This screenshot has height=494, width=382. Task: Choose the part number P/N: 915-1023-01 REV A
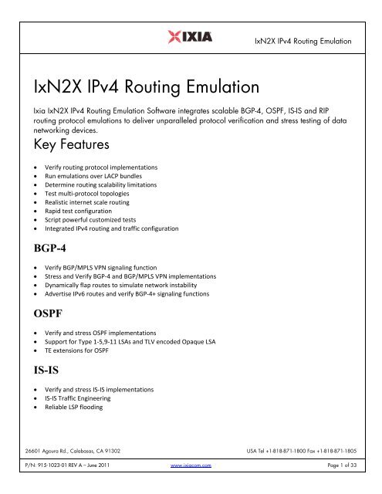coord(70,488)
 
